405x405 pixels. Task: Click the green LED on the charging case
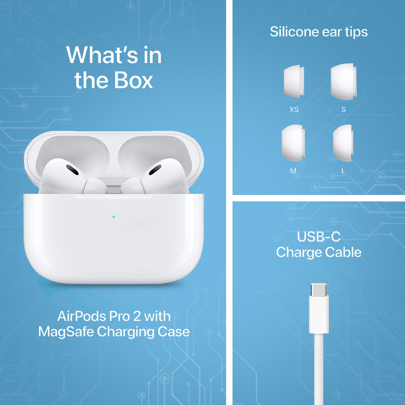click(x=114, y=217)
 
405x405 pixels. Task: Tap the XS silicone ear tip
click(x=294, y=81)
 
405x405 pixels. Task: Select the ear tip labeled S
click(x=343, y=81)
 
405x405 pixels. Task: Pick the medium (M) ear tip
click(x=293, y=143)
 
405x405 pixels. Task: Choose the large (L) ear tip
click(x=343, y=143)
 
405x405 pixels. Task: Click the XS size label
click(x=294, y=109)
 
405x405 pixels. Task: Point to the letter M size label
click(x=293, y=171)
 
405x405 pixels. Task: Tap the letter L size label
click(x=343, y=171)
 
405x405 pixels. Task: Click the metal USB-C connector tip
click(x=319, y=290)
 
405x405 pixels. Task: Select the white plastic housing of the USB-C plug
click(x=319, y=315)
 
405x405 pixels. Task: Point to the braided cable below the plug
click(x=319, y=369)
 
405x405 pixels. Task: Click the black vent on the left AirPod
click(x=72, y=170)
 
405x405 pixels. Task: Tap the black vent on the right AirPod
click(x=155, y=170)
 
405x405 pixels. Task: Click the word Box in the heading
click(x=133, y=80)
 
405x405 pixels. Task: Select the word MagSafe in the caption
click(x=66, y=332)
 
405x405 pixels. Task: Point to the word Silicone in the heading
click(x=294, y=32)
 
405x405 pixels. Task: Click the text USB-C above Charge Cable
click(x=319, y=236)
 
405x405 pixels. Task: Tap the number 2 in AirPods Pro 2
click(x=137, y=316)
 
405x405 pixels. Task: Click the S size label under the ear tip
click(x=343, y=109)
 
